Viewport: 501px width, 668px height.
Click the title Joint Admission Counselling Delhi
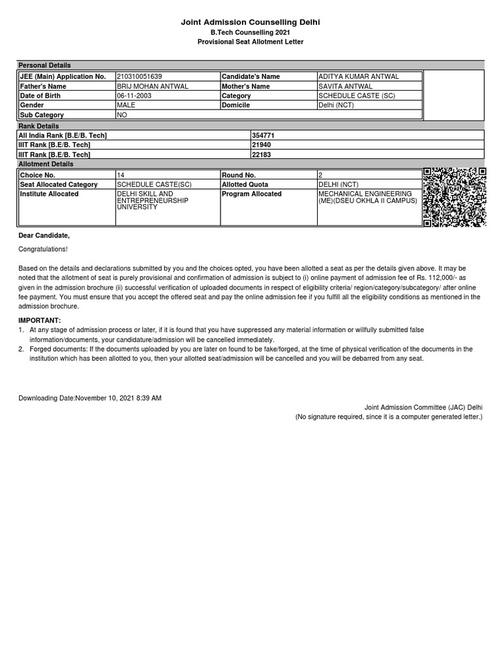(x=250, y=23)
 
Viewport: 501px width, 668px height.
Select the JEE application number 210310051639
(x=140, y=76)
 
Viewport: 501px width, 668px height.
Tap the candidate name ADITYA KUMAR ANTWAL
(x=358, y=76)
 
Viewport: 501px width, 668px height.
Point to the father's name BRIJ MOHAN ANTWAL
(x=152, y=86)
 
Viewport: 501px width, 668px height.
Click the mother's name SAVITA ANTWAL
(x=346, y=86)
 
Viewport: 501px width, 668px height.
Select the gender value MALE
(x=126, y=105)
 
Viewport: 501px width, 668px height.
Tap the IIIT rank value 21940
(x=260, y=145)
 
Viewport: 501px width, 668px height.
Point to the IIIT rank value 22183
(x=260, y=155)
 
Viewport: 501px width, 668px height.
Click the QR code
(x=454, y=198)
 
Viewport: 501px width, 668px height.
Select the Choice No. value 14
(x=121, y=175)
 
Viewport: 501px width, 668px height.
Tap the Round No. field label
(x=239, y=175)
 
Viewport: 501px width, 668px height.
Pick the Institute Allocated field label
(x=49, y=194)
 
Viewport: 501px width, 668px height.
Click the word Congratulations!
(x=43, y=249)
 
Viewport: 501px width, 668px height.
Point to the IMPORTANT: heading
(x=39, y=320)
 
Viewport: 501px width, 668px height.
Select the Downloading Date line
(x=90, y=398)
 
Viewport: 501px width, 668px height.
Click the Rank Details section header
(x=38, y=126)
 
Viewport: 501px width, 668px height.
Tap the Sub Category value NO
(x=121, y=115)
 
